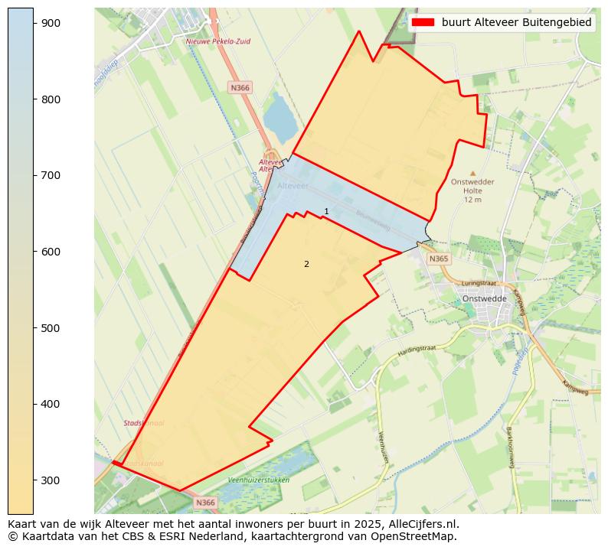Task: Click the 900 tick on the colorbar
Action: click(x=34, y=23)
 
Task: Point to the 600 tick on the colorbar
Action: click(x=34, y=252)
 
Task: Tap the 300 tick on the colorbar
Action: click(x=34, y=480)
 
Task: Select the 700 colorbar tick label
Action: click(x=51, y=175)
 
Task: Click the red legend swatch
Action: click(x=423, y=22)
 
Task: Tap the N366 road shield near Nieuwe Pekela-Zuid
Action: click(x=240, y=88)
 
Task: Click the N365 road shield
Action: click(x=438, y=259)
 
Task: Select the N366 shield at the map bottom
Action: click(x=205, y=503)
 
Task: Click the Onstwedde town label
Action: click(x=480, y=299)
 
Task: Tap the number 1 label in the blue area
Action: click(x=326, y=212)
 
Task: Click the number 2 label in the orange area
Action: click(x=306, y=265)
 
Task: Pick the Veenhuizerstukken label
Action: click(x=259, y=480)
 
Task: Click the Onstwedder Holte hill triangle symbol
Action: click(x=472, y=174)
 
